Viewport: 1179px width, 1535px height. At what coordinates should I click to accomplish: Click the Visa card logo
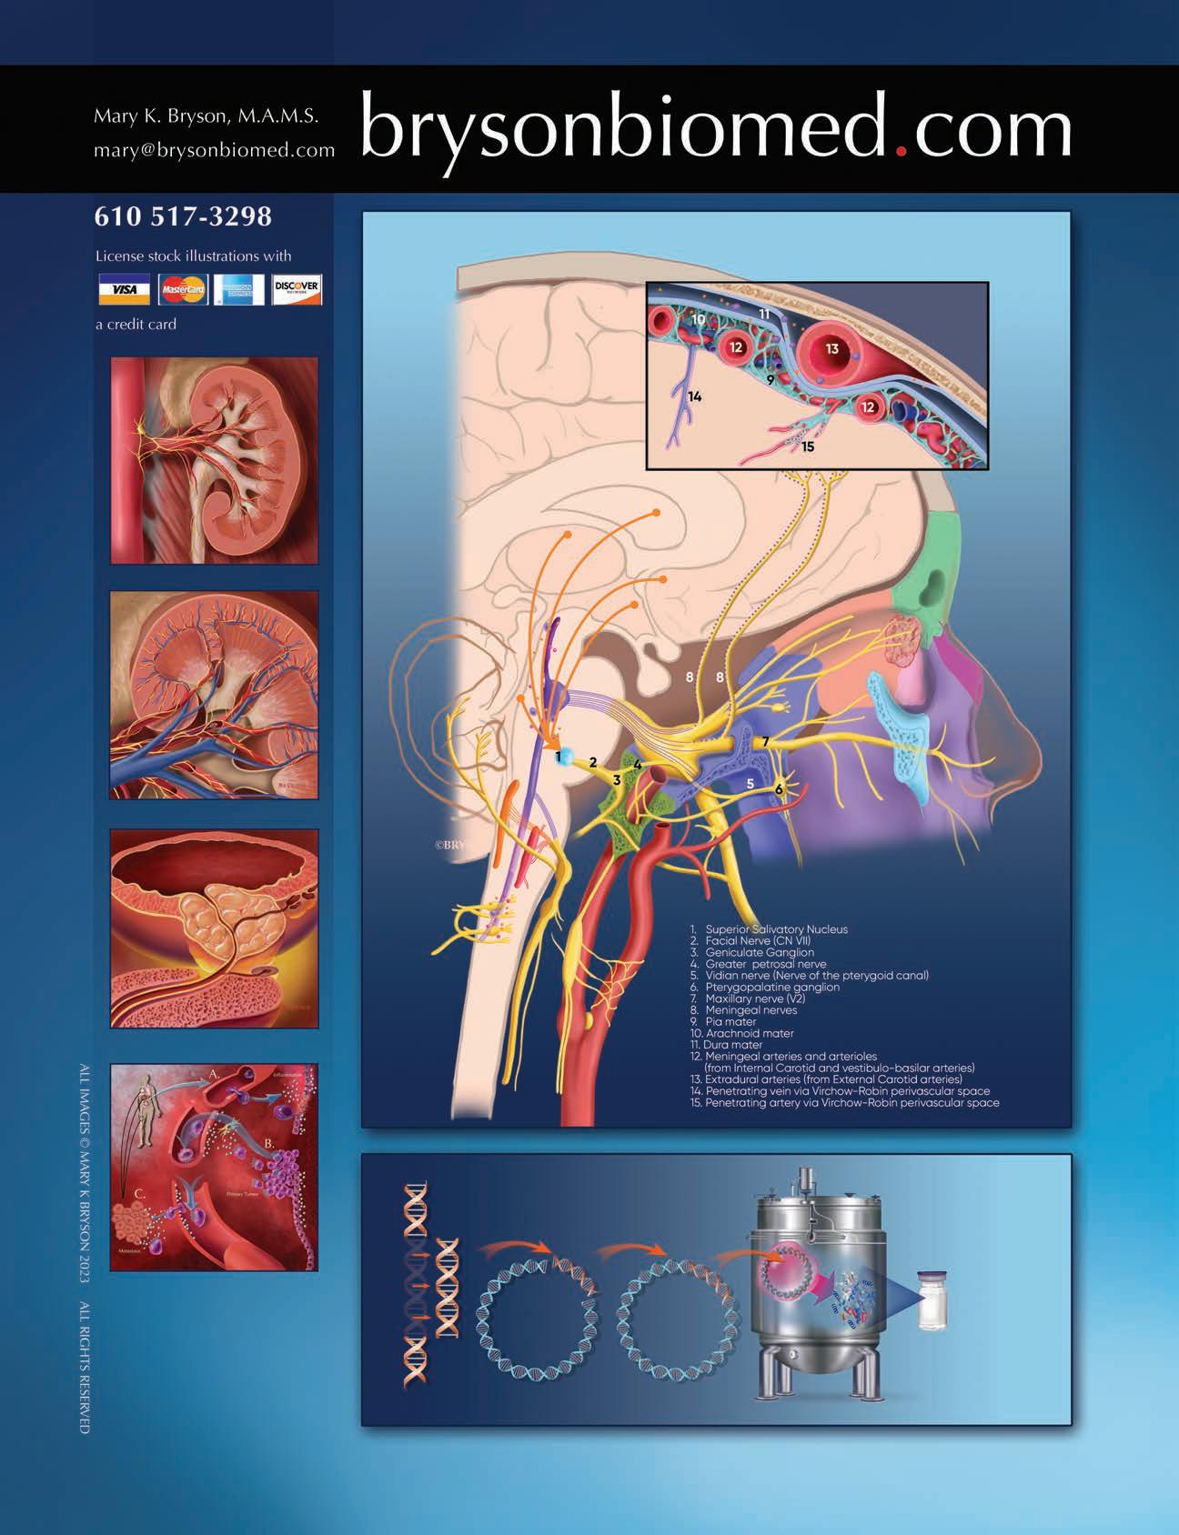coord(125,290)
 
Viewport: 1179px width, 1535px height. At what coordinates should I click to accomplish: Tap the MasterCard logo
coord(183,290)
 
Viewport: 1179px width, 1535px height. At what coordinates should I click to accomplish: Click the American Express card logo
coord(239,290)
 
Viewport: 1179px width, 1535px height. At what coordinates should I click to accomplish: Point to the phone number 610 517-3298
coord(183,216)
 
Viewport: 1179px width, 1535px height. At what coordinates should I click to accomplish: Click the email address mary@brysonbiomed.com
coord(215,150)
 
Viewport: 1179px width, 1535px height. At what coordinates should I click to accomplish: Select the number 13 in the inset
coord(831,348)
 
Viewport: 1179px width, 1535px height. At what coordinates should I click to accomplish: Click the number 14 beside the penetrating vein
coord(695,396)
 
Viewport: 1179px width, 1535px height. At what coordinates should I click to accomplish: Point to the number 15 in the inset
coord(808,446)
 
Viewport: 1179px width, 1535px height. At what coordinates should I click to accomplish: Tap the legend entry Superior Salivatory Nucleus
coord(775,929)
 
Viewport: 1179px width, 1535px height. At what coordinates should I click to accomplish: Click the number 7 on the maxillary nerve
coord(766,741)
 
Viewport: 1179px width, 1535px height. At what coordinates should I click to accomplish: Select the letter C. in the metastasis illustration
coord(136,1194)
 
